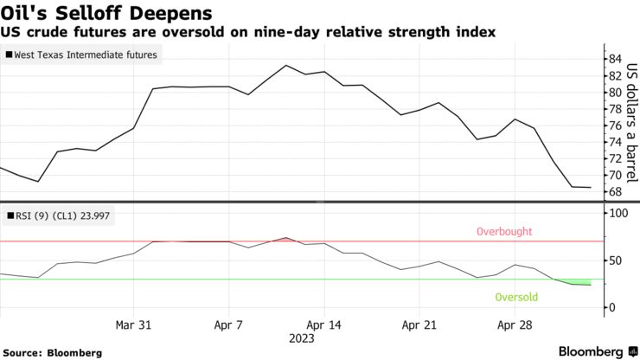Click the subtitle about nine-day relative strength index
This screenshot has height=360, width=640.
(x=248, y=33)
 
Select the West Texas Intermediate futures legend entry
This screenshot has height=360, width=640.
(x=84, y=55)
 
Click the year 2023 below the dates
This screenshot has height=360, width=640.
(x=302, y=338)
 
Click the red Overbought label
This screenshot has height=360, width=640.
(x=502, y=232)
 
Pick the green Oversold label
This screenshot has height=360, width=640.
(x=515, y=298)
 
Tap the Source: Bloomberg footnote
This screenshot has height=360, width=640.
(x=54, y=352)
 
